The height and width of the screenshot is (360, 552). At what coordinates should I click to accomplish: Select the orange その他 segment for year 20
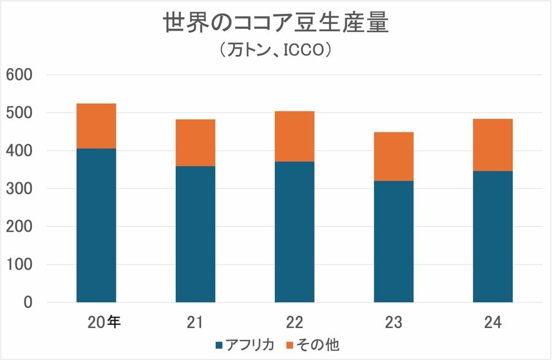click(x=96, y=126)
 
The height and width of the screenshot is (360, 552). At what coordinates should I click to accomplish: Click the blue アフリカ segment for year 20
click(x=96, y=225)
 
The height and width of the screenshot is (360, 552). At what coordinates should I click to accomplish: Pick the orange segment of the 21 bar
click(x=195, y=142)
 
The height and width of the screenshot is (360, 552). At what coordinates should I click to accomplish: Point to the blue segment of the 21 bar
click(x=195, y=234)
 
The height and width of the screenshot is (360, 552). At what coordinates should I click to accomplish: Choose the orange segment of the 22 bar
click(x=294, y=136)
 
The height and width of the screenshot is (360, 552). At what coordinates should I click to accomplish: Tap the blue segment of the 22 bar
click(x=294, y=232)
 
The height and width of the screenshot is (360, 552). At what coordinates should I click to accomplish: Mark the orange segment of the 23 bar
click(x=393, y=156)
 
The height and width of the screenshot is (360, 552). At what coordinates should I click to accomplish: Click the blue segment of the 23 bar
click(x=393, y=242)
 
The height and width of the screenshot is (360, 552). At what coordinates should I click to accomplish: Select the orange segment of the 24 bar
click(x=493, y=145)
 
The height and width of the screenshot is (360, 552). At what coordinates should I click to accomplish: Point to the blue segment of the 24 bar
click(x=493, y=237)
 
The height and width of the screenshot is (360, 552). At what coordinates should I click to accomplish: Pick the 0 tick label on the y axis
click(x=27, y=302)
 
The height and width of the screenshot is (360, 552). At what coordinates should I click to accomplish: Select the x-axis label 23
click(x=393, y=321)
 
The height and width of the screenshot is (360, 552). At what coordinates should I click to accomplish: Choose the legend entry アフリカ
click(x=245, y=345)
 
